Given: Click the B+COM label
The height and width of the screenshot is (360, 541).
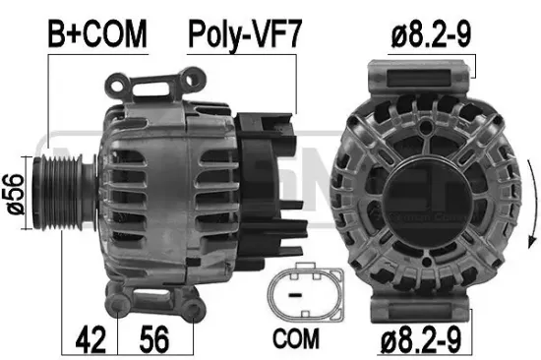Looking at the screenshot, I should tap(97, 35).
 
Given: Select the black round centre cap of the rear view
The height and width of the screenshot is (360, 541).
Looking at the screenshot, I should tap(432, 190).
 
